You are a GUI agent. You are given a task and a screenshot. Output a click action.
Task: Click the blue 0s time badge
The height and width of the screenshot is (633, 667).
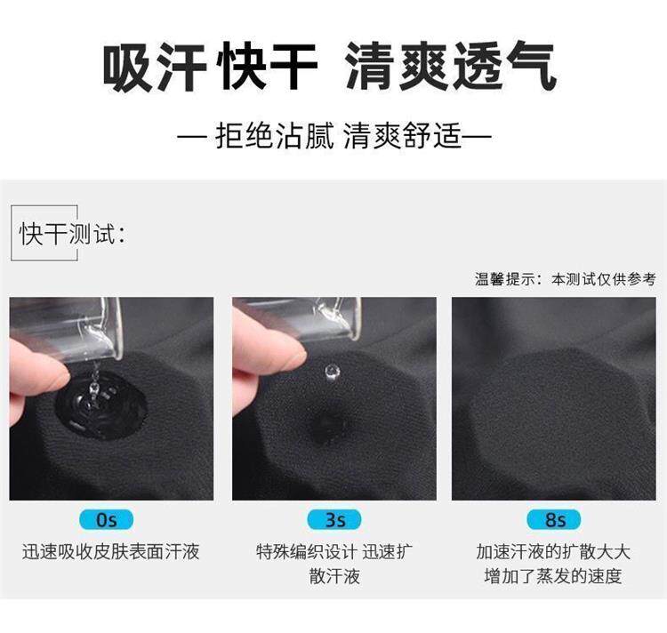106,519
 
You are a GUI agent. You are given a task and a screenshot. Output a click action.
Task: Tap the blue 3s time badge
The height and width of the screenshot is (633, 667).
334,519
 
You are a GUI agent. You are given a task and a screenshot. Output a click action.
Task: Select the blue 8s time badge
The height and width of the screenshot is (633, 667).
554,519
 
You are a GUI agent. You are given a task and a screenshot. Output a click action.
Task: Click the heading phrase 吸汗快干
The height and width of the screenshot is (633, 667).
210,68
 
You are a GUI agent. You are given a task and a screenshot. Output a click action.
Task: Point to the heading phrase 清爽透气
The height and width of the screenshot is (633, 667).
451,68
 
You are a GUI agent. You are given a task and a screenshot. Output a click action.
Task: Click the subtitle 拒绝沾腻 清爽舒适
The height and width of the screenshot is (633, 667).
334,136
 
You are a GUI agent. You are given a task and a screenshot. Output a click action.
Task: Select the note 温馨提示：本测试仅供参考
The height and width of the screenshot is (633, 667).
566,279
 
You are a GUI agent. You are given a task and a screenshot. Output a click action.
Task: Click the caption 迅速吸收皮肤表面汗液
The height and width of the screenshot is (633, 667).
110,552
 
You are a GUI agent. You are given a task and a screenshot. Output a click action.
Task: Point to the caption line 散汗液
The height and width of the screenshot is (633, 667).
334,576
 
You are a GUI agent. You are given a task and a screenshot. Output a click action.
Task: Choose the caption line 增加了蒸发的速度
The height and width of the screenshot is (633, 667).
553,576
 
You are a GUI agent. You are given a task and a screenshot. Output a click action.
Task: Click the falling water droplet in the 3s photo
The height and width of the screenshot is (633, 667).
332,372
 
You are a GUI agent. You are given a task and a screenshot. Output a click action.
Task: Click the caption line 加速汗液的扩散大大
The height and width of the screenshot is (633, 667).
553,552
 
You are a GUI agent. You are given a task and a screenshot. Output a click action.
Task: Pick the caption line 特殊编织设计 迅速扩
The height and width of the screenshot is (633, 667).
334,552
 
